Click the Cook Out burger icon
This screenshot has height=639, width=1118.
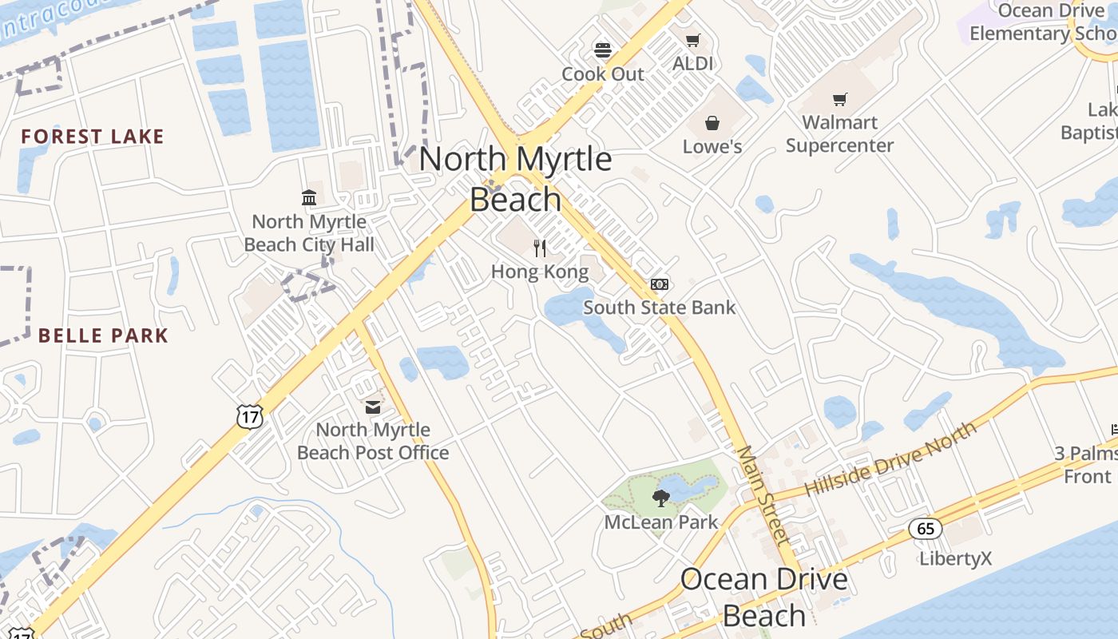point(603,50)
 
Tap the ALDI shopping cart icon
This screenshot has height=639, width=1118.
point(692,40)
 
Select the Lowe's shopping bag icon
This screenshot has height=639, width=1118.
point(712,123)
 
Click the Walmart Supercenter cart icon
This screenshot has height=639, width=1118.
point(839,99)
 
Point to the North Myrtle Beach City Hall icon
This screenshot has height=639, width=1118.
point(309,197)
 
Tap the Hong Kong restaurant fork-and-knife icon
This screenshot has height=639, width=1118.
point(540,248)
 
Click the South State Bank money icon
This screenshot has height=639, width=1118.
point(659,284)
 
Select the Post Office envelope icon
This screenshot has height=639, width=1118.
point(373,407)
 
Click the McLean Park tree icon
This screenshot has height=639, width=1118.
point(660,499)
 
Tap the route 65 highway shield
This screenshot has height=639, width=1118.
point(926,528)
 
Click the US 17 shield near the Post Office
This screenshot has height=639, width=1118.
point(250,415)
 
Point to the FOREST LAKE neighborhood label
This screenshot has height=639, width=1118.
point(93,137)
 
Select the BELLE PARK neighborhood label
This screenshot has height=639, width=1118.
point(103,335)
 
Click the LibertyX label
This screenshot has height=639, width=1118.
point(955,558)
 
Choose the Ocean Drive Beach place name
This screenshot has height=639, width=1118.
point(763,597)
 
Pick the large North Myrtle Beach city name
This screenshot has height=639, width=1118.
point(515,178)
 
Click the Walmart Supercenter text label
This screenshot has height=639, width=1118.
point(839,134)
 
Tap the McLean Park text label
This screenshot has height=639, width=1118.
point(661,523)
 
